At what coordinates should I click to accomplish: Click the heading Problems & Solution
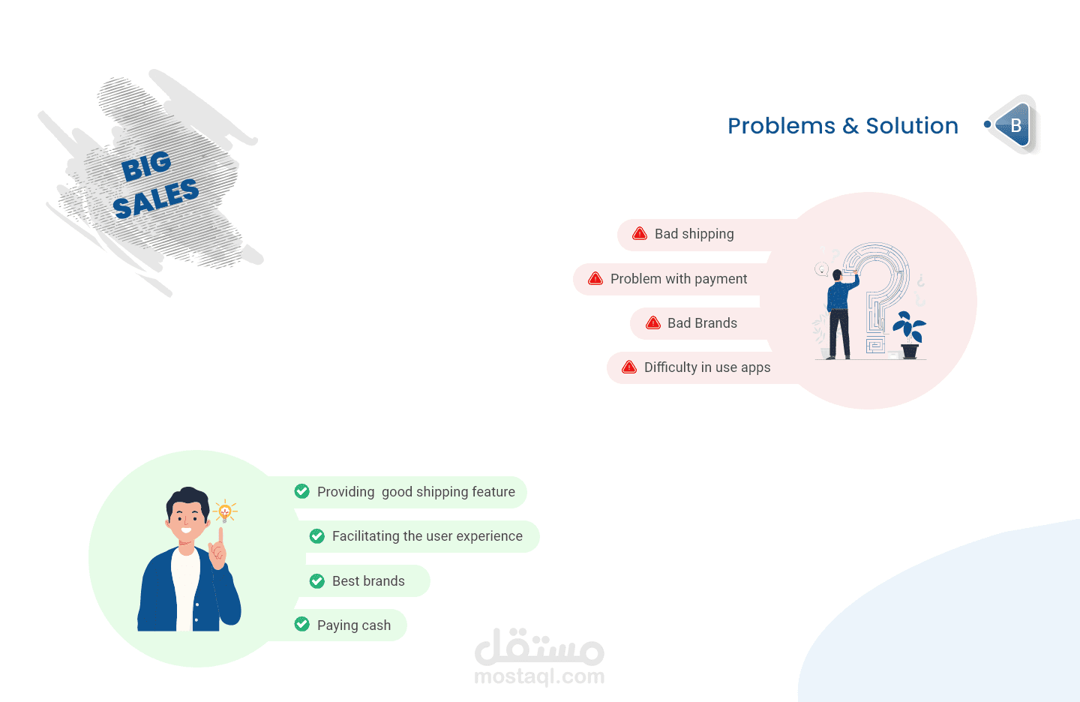pyautogui.click(x=843, y=126)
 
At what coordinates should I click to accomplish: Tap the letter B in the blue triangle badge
pyautogui.click(x=1015, y=125)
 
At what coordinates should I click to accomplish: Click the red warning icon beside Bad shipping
pyautogui.click(x=640, y=234)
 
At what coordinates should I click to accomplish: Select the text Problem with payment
pyautogui.click(x=679, y=279)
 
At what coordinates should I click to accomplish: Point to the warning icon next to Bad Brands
pyautogui.click(x=652, y=322)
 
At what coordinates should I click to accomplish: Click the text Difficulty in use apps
pyautogui.click(x=707, y=367)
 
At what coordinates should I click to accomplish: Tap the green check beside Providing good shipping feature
pyautogui.click(x=301, y=491)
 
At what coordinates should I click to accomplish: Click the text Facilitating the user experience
pyautogui.click(x=427, y=536)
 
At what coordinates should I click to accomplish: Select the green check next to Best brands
pyautogui.click(x=316, y=581)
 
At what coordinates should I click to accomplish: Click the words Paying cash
pyautogui.click(x=354, y=625)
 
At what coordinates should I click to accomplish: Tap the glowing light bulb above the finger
pyautogui.click(x=225, y=511)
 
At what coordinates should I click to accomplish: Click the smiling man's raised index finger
pyautogui.click(x=220, y=538)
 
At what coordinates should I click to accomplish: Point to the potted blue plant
pyautogui.click(x=909, y=335)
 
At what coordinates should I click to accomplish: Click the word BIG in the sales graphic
pyautogui.click(x=146, y=166)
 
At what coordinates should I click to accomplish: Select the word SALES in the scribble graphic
pyautogui.click(x=156, y=198)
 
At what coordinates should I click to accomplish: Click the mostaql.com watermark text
pyautogui.click(x=539, y=676)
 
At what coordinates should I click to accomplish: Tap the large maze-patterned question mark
pyautogui.click(x=877, y=294)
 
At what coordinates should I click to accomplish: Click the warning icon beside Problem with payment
pyautogui.click(x=595, y=279)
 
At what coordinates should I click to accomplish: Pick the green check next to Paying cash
pyautogui.click(x=301, y=624)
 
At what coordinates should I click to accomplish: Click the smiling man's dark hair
pyautogui.click(x=187, y=499)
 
